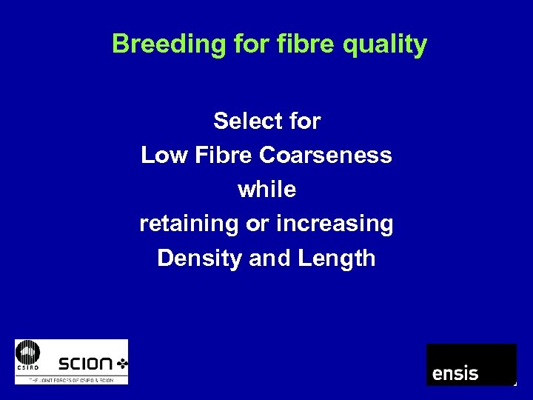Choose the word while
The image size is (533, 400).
(266, 190)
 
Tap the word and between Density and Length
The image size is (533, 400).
(269, 258)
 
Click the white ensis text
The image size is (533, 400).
(455, 373)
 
